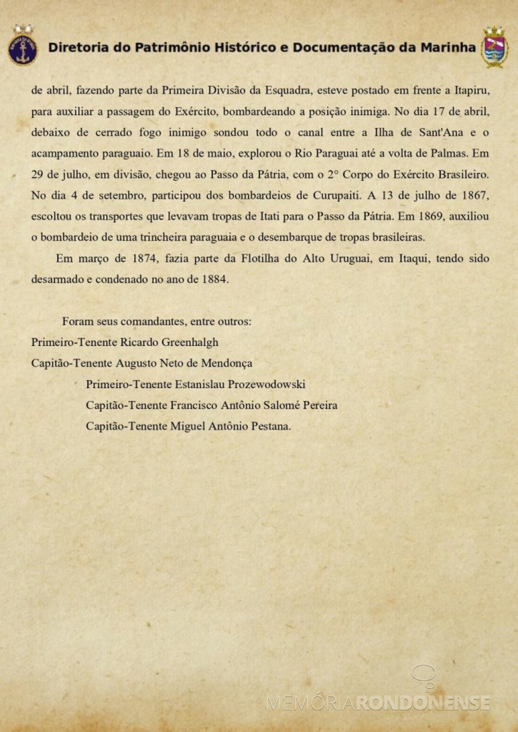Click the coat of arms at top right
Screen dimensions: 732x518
click(494, 47)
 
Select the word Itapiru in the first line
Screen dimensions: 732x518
click(471, 90)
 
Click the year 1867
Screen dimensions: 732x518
click(474, 195)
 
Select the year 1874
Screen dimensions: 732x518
click(144, 259)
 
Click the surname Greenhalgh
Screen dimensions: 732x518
click(190, 342)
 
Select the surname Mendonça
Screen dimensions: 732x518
click(226, 363)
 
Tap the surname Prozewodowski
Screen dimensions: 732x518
click(266, 385)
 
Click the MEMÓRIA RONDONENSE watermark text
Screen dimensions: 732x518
click(378, 702)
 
